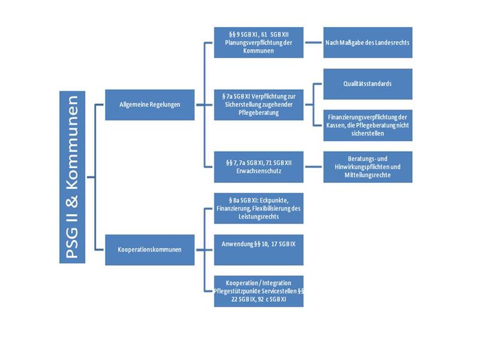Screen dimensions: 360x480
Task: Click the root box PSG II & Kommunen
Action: (x=73, y=177)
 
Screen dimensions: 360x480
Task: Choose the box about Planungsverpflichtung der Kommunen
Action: (x=259, y=42)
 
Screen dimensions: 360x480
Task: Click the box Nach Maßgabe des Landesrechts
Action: (x=368, y=42)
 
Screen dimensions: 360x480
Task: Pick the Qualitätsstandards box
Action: (x=368, y=83)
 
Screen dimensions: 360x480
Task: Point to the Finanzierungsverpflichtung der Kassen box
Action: (x=368, y=125)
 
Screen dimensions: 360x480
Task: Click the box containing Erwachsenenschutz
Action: (x=259, y=166)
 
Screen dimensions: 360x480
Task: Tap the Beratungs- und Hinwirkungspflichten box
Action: (x=368, y=166)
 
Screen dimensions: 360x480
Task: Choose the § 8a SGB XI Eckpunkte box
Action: (x=259, y=208)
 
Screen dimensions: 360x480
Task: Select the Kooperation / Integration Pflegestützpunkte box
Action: (x=259, y=291)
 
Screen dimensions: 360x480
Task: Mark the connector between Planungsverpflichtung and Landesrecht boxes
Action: (x=313, y=42)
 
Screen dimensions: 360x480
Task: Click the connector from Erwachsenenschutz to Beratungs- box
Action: (x=313, y=166)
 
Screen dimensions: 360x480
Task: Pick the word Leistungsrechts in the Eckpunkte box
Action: (x=259, y=217)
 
